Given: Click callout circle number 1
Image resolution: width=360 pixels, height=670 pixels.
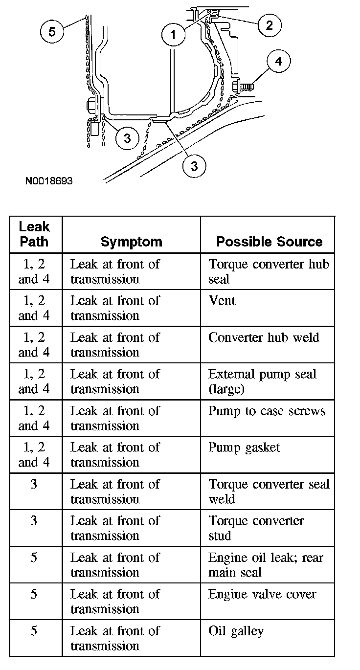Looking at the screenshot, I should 172,34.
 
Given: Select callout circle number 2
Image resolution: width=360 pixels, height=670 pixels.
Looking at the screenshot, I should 269,24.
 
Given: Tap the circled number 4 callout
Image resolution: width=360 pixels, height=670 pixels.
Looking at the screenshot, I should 278,61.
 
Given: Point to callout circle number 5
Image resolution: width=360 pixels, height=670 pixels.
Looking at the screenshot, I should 52,31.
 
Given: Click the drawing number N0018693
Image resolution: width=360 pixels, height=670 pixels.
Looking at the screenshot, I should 49,181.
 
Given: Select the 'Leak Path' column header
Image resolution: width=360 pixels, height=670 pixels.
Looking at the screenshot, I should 34,234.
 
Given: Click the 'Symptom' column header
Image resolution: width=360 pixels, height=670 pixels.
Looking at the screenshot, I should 131,242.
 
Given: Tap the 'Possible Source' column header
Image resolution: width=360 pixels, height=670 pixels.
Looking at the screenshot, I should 269,242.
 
